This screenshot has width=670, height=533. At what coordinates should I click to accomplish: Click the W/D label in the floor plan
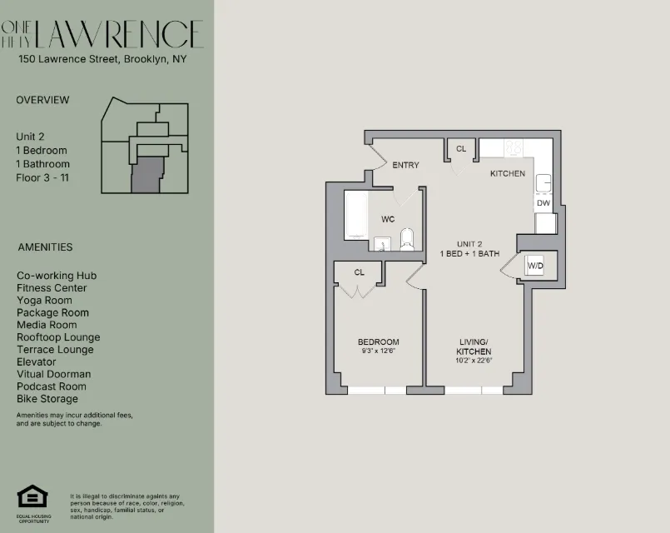[535, 266]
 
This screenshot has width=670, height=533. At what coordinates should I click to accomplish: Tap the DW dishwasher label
[543, 203]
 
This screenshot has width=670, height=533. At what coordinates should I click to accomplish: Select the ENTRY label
[405, 165]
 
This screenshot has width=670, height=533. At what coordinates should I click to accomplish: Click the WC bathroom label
[388, 220]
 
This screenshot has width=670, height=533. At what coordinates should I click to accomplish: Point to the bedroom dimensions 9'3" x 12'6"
[379, 351]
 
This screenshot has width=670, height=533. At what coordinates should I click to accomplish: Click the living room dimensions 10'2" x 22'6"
[476, 361]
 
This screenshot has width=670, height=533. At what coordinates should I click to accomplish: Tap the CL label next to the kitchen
[461, 149]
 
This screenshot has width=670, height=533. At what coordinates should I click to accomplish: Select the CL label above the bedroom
[360, 272]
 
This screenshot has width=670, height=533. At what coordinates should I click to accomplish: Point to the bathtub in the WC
[355, 216]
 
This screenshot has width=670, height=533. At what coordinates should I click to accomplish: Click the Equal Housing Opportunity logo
[32, 498]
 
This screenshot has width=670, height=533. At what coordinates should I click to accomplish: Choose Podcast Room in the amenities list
[51, 386]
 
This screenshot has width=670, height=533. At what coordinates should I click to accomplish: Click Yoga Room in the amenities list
[44, 300]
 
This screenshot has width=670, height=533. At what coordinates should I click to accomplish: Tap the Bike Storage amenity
[47, 399]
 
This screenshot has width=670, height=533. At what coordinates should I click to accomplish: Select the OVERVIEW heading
[42, 100]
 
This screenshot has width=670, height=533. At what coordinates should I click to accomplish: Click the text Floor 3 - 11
[42, 177]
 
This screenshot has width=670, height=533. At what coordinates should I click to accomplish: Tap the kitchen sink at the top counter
[514, 147]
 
